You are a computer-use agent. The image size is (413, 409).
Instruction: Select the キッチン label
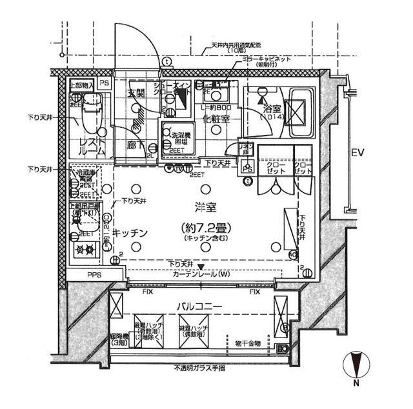(130, 232)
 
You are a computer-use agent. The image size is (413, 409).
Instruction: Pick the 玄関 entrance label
(136, 93)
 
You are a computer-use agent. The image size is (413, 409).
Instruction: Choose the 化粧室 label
(215, 119)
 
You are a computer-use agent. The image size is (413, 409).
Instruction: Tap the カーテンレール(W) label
(201, 274)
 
